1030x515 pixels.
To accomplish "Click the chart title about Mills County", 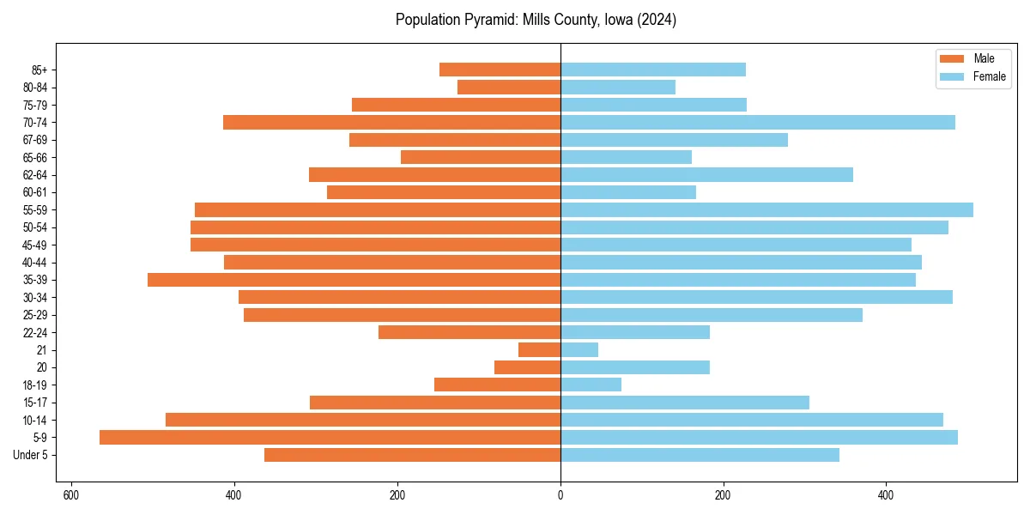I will click(536, 20).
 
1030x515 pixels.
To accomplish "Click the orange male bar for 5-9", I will click(330, 438).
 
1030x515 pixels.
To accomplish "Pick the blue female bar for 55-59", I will click(766, 210).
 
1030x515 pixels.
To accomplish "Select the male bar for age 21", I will click(539, 350).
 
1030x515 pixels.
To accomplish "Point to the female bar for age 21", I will click(579, 350).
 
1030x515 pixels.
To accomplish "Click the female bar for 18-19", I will click(591, 385).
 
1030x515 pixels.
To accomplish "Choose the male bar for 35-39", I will click(354, 280).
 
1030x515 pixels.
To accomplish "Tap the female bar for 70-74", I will click(758, 123).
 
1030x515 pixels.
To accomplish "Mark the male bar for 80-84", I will click(509, 88).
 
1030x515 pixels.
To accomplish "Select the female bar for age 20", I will click(635, 367).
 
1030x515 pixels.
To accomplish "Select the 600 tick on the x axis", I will click(71, 495).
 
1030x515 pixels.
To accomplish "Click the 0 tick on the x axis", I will click(560, 495).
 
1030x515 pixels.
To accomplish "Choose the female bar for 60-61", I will click(628, 192).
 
